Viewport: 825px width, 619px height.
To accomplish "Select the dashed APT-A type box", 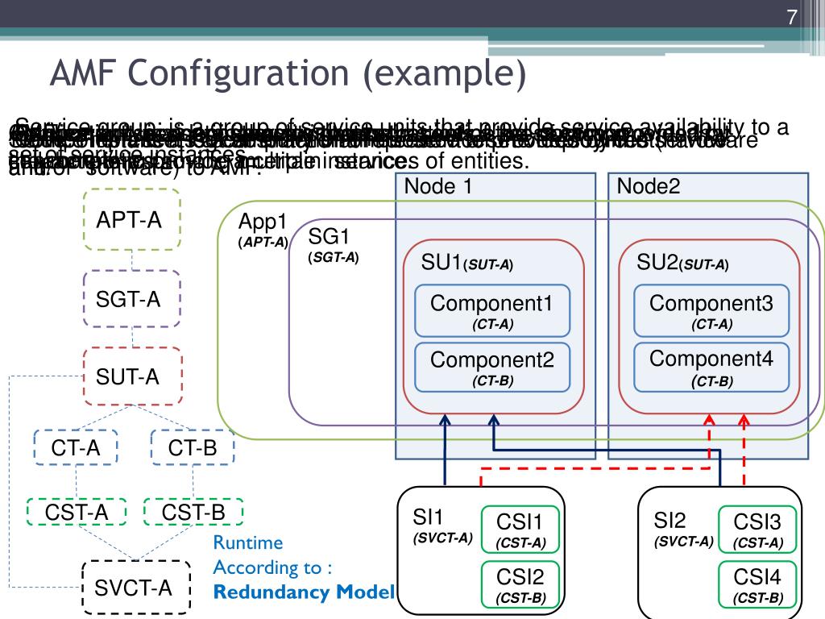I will coord(133,219).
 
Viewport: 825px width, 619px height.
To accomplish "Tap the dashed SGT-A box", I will coord(132,299).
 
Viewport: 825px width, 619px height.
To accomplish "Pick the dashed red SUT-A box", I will coord(132,376).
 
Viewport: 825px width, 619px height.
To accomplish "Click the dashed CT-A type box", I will coord(77,448).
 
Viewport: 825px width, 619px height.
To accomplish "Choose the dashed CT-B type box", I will coord(193,448).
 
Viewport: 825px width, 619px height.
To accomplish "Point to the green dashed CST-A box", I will coord(77,511).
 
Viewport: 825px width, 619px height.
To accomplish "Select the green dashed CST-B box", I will coord(193,511).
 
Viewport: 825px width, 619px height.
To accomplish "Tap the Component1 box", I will coord(492,310).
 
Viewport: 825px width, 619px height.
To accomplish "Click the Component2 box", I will coord(492,367).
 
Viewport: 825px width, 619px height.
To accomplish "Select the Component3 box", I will coord(711,310).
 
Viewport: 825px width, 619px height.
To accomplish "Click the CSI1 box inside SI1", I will coord(520,530).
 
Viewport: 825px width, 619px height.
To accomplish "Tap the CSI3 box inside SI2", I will coord(758,530).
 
